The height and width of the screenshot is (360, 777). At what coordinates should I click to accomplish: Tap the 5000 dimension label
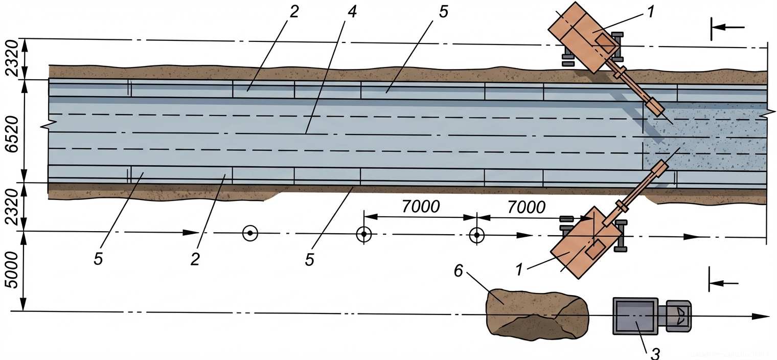click(11, 272)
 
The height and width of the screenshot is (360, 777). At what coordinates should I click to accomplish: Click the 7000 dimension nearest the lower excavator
click(527, 207)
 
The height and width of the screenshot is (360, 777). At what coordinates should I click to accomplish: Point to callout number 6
click(458, 271)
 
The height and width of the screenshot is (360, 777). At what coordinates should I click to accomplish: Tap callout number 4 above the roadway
click(352, 12)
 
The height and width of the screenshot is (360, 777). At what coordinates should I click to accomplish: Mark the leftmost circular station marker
click(250, 234)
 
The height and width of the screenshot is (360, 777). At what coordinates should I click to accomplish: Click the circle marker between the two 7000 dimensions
click(476, 235)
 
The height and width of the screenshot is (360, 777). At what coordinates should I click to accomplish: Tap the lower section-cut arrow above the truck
click(723, 283)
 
